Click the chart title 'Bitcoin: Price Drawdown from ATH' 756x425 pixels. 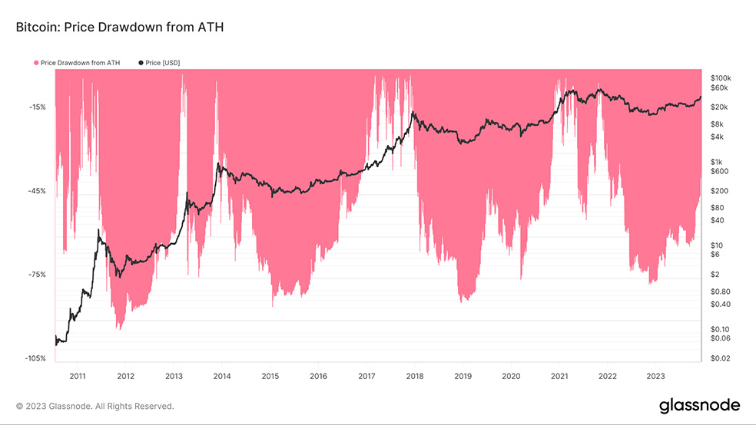[x=119, y=28]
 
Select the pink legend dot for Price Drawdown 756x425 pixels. [x=36, y=62]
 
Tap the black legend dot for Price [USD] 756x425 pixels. [x=141, y=62]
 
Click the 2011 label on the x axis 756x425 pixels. [x=78, y=376]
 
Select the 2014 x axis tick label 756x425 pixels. [x=222, y=376]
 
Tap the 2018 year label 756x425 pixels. [x=415, y=376]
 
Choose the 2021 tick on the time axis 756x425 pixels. [x=559, y=376]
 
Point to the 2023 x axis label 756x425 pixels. [x=655, y=376]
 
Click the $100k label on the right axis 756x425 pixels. [x=721, y=78]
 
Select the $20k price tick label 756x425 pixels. [x=719, y=107]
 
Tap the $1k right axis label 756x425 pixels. [x=716, y=162]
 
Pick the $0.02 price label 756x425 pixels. [x=721, y=358]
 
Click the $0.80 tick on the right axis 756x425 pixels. [x=721, y=292]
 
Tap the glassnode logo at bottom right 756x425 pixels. [x=699, y=405]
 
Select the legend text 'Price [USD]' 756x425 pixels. [x=164, y=62]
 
